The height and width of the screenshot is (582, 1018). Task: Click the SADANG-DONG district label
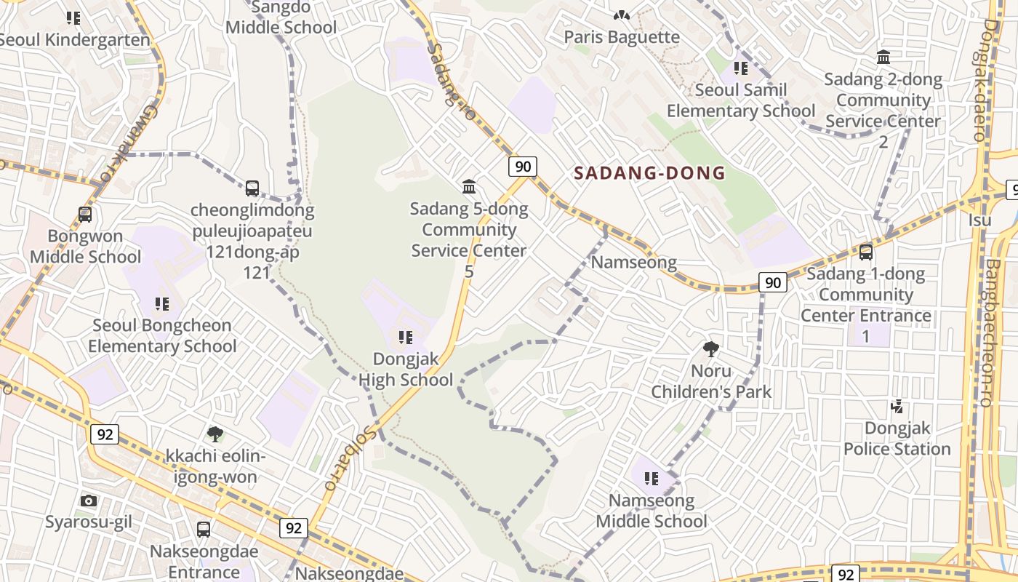click(649, 173)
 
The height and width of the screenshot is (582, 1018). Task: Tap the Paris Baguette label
click(622, 36)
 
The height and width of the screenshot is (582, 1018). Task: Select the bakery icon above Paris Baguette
click(621, 14)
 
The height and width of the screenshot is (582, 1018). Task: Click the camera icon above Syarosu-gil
click(89, 501)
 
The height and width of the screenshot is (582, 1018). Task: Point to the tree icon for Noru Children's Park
click(711, 349)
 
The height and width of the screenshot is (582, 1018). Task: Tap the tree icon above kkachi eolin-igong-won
click(215, 434)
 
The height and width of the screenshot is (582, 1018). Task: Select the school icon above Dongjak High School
click(405, 337)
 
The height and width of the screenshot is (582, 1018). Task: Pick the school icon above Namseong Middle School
click(651, 479)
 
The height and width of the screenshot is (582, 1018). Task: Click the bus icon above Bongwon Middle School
click(85, 215)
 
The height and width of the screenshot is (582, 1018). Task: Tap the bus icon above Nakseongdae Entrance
click(204, 529)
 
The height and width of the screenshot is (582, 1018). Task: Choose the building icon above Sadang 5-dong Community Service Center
click(469, 187)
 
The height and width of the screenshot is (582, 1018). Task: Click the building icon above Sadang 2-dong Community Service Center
click(883, 57)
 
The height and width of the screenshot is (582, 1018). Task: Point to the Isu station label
click(979, 219)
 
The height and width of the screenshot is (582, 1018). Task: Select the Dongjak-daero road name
click(992, 80)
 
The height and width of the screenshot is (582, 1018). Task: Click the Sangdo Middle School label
click(281, 18)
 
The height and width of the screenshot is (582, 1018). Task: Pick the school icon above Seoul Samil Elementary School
click(741, 68)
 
